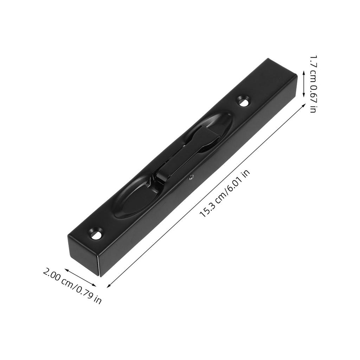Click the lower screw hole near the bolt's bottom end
coord(95,233)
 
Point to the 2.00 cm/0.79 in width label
coord(72,285)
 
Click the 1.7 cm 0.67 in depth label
coord(313,84)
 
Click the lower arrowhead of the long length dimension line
coord(109,285)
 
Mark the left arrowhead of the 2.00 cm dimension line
coord(66,270)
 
